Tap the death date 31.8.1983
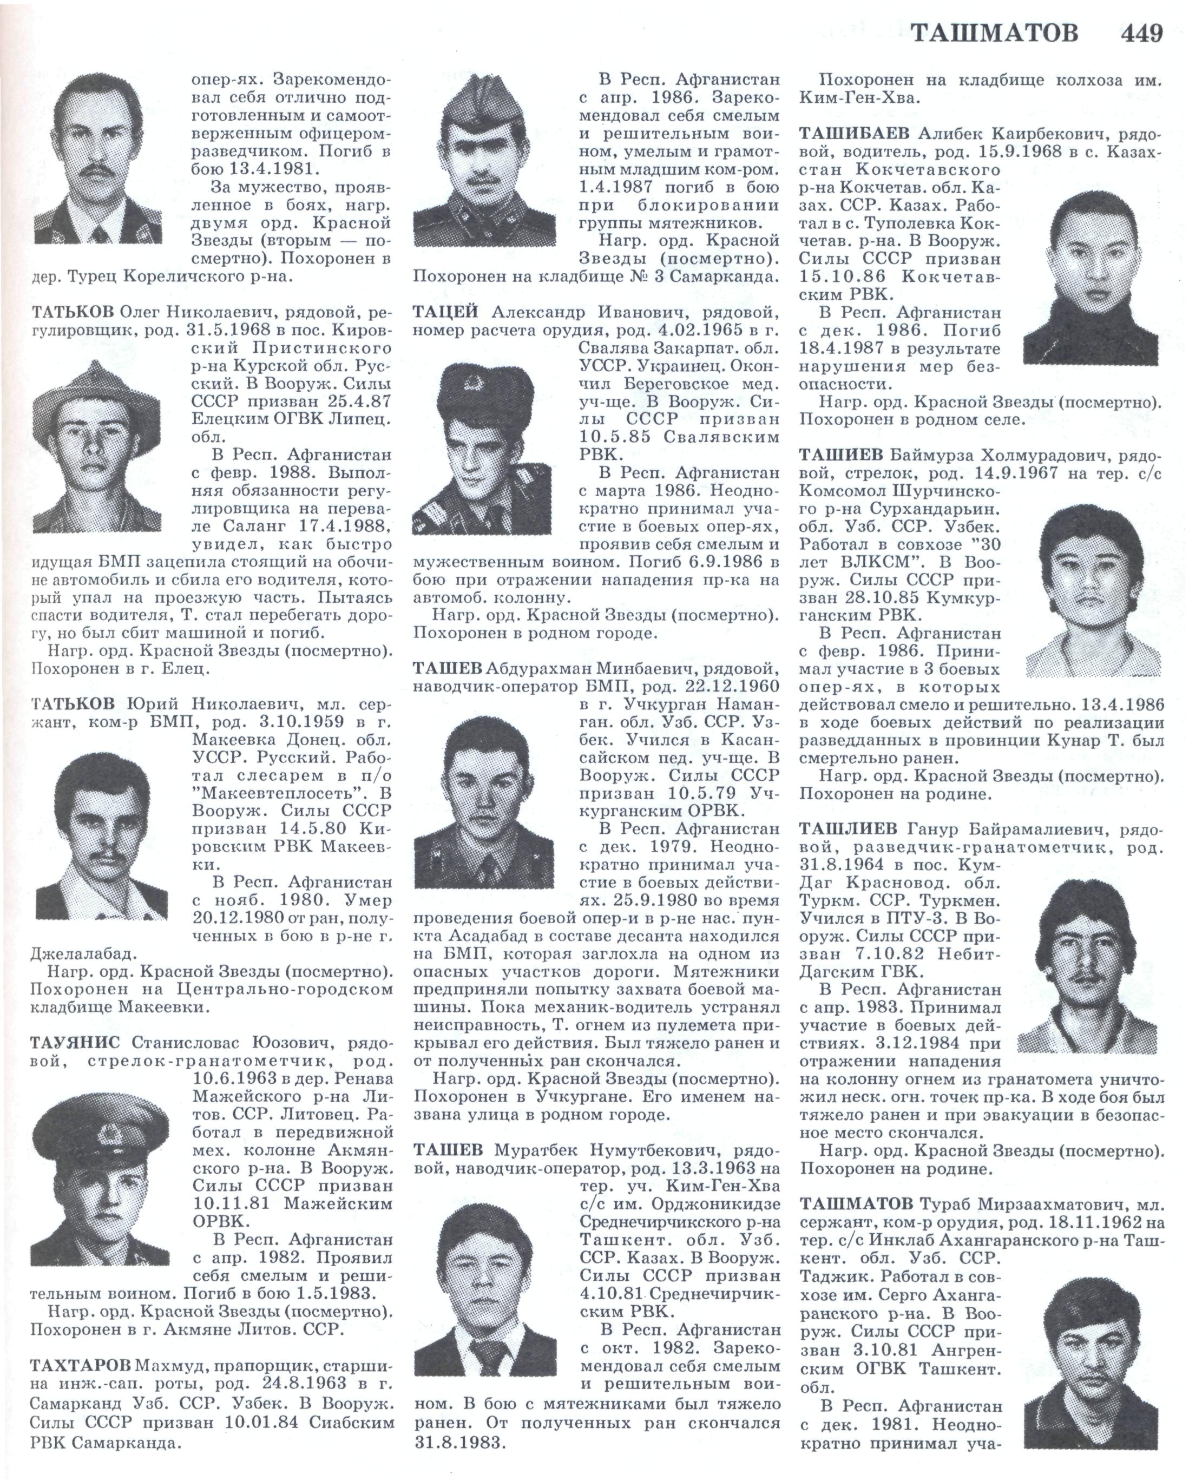[x=459, y=1442]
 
